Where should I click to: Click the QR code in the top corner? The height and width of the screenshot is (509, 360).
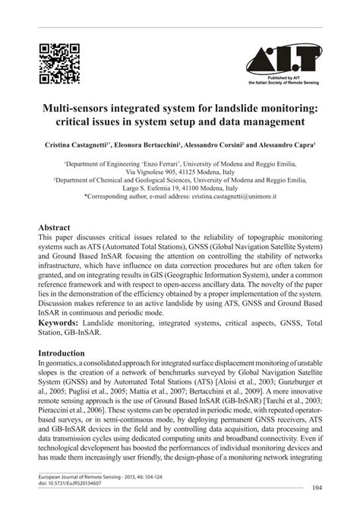click(58, 65)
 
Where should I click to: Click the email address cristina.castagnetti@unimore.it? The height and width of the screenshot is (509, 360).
click(232, 196)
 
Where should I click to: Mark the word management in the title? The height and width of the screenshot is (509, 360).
click(270, 120)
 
